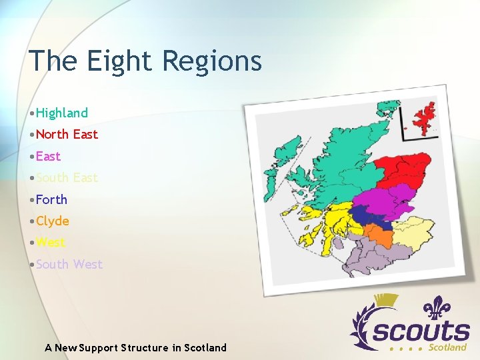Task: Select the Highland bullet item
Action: tap(62, 113)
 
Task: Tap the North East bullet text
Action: tap(67, 134)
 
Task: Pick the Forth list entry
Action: tap(52, 199)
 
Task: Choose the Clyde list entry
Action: tap(53, 221)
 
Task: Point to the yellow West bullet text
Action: tap(51, 242)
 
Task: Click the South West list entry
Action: tap(69, 264)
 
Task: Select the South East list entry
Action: tap(67, 177)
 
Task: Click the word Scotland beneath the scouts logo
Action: tap(447, 347)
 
